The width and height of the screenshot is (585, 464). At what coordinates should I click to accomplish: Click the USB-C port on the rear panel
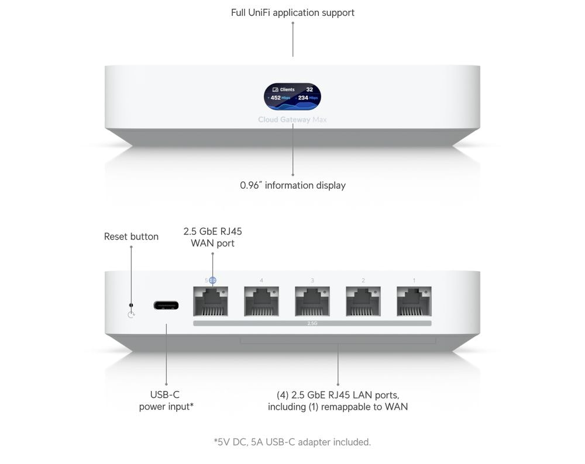[x=166, y=305]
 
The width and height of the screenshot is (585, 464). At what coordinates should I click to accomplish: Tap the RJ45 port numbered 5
[x=211, y=301]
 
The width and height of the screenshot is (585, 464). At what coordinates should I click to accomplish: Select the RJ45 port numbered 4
[x=261, y=301]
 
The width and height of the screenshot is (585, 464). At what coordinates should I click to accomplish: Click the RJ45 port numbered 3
[x=312, y=301]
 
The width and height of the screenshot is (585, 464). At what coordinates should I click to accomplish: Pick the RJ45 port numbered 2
[x=363, y=301]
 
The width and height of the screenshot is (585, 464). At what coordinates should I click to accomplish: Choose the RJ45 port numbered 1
[x=414, y=301]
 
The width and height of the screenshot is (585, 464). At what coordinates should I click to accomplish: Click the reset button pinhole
[x=131, y=305]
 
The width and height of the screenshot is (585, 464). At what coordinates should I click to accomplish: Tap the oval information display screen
[x=292, y=96]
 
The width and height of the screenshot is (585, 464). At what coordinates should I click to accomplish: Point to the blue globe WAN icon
[x=212, y=281]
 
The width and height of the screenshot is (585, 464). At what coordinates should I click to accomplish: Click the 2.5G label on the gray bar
[x=312, y=323]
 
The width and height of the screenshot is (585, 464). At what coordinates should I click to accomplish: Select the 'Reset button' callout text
[x=131, y=237]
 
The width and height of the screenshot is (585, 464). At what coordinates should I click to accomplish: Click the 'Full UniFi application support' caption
[x=292, y=12]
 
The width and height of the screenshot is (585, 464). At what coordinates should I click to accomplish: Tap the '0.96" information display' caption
[x=292, y=185]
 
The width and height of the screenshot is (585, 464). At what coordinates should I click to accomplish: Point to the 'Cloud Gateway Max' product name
[x=292, y=120]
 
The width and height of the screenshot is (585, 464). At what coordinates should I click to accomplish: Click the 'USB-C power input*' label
[x=166, y=400]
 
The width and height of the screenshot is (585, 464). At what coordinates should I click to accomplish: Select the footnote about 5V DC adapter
[x=292, y=442]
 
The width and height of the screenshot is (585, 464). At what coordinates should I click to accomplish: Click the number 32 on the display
[x=309, y=89]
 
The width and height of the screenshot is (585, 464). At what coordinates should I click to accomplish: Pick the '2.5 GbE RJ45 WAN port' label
[x=212, y=237]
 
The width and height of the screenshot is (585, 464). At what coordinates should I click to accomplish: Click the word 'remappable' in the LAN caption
[x=347, y=406]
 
